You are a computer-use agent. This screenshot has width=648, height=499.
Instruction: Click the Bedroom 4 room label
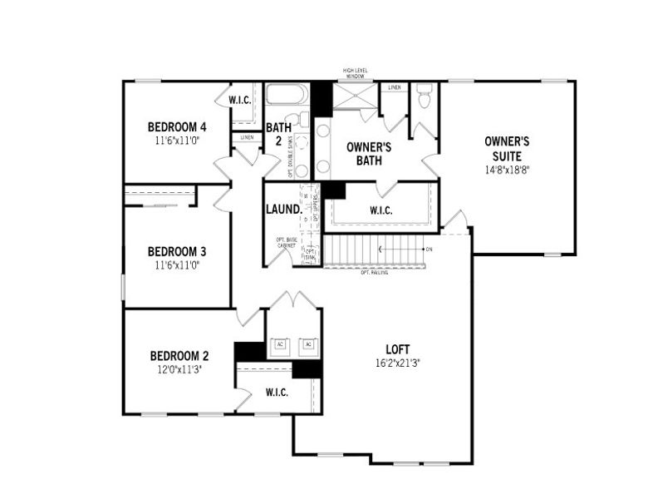tap(176, 127)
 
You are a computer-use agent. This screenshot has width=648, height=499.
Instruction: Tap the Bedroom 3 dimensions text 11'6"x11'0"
tap(176, 266)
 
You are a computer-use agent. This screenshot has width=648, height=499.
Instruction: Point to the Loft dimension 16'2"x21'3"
tap(397, 363)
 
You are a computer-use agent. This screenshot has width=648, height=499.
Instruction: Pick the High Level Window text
tap(356, 74)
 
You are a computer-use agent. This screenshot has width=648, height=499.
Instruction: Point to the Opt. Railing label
tap(376, 273)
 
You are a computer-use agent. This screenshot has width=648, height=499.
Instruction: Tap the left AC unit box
tap(280, 344)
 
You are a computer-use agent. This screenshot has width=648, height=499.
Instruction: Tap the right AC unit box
tap(308, 344)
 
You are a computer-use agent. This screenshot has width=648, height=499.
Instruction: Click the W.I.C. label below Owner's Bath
tap(380, 210)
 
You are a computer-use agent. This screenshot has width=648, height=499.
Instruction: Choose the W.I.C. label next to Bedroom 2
tap(277, 392)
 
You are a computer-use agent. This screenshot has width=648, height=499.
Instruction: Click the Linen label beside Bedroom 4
tap(247, 137)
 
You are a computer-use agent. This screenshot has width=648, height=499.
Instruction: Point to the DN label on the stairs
tap(429, 249)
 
